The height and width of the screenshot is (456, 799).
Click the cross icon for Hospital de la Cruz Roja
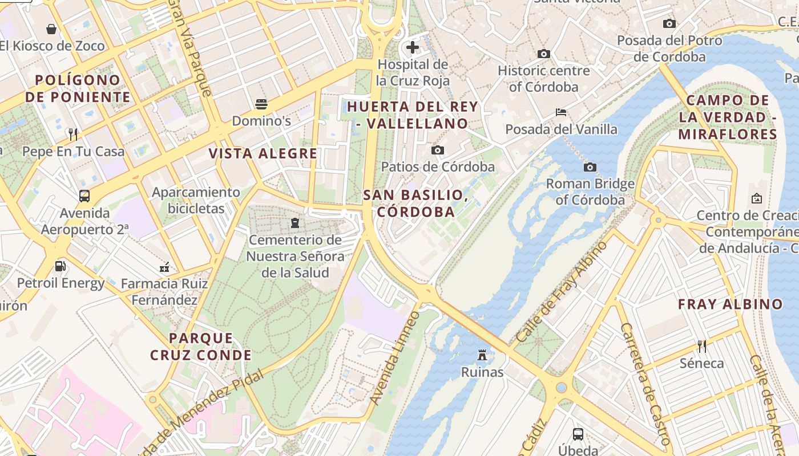413,47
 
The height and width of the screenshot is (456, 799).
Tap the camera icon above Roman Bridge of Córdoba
590,167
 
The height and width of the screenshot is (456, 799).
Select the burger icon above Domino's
261,104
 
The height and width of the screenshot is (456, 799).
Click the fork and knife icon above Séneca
702,346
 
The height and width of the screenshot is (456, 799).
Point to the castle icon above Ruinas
482,355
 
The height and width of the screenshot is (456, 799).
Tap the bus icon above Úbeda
578,434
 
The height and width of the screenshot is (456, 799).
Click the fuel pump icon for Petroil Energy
60,266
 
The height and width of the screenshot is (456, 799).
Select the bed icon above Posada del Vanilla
561,112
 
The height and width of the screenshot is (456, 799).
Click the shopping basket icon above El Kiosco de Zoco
51,29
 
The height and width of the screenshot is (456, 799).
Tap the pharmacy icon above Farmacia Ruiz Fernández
164,266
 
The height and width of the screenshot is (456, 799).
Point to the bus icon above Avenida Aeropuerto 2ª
84,196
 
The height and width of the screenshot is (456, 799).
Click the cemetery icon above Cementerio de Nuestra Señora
295,222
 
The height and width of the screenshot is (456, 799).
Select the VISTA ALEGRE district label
263,153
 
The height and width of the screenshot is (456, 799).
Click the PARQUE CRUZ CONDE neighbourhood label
201,347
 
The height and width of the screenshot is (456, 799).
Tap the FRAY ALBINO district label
730,304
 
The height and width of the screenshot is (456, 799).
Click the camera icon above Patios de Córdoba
438,150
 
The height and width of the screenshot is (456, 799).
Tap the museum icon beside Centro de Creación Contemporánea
757,198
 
